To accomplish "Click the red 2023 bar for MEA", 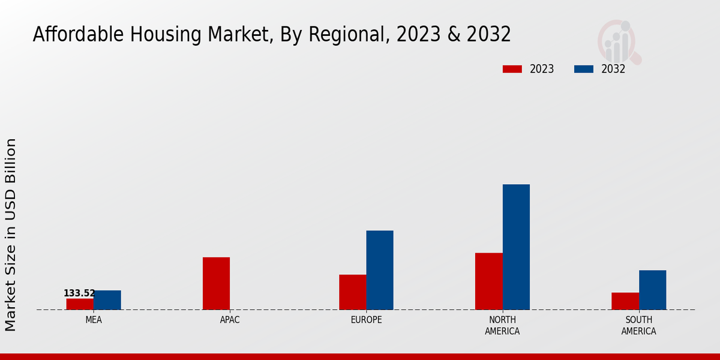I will tap(80, 304).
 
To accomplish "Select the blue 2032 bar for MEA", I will tap(107, 300).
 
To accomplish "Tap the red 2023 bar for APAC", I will tap(216, 283).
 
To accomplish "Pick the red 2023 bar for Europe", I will tap(353, 292).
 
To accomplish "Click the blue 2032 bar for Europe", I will tap(380, 270).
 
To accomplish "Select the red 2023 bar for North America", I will tap(489, 281).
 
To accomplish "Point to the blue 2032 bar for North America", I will tap(516, 247).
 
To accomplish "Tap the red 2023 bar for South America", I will tap(625, 301).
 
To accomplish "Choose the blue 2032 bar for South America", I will tap(652, 290).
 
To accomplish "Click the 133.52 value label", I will tap(79, 293).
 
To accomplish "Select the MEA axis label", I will tap(94, 320).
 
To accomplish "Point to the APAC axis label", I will tap(230, 320).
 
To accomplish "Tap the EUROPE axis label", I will tap(366, 320).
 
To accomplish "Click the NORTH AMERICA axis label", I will tap(502, 325).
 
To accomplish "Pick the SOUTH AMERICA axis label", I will tap(638, 325).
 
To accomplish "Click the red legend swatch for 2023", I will tap(512, 69).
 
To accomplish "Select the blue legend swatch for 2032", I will tap(583, 69).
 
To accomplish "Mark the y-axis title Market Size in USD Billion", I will tap(11, 235).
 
